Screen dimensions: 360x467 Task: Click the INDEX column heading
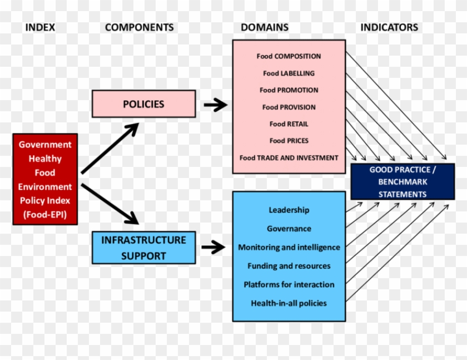40,27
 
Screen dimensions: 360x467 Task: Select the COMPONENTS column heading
139,27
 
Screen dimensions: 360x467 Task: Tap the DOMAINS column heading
264,27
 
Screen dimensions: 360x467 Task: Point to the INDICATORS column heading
389,27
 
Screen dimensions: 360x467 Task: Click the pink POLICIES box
143,104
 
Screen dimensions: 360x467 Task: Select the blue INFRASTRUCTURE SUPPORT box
143,248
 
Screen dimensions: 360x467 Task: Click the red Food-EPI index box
45,179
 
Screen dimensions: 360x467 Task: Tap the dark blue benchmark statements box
403,182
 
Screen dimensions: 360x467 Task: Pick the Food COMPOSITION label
289,56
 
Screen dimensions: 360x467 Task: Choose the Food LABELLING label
289,73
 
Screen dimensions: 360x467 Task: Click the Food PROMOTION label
289,90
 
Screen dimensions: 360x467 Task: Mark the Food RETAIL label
289,124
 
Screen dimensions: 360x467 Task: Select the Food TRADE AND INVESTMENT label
289,158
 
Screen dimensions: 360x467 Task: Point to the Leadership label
289,210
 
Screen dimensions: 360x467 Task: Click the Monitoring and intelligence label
289,247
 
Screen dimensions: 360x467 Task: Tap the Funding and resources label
289,266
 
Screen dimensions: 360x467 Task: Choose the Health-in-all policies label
289,303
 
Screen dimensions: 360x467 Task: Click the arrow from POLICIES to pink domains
215,104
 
